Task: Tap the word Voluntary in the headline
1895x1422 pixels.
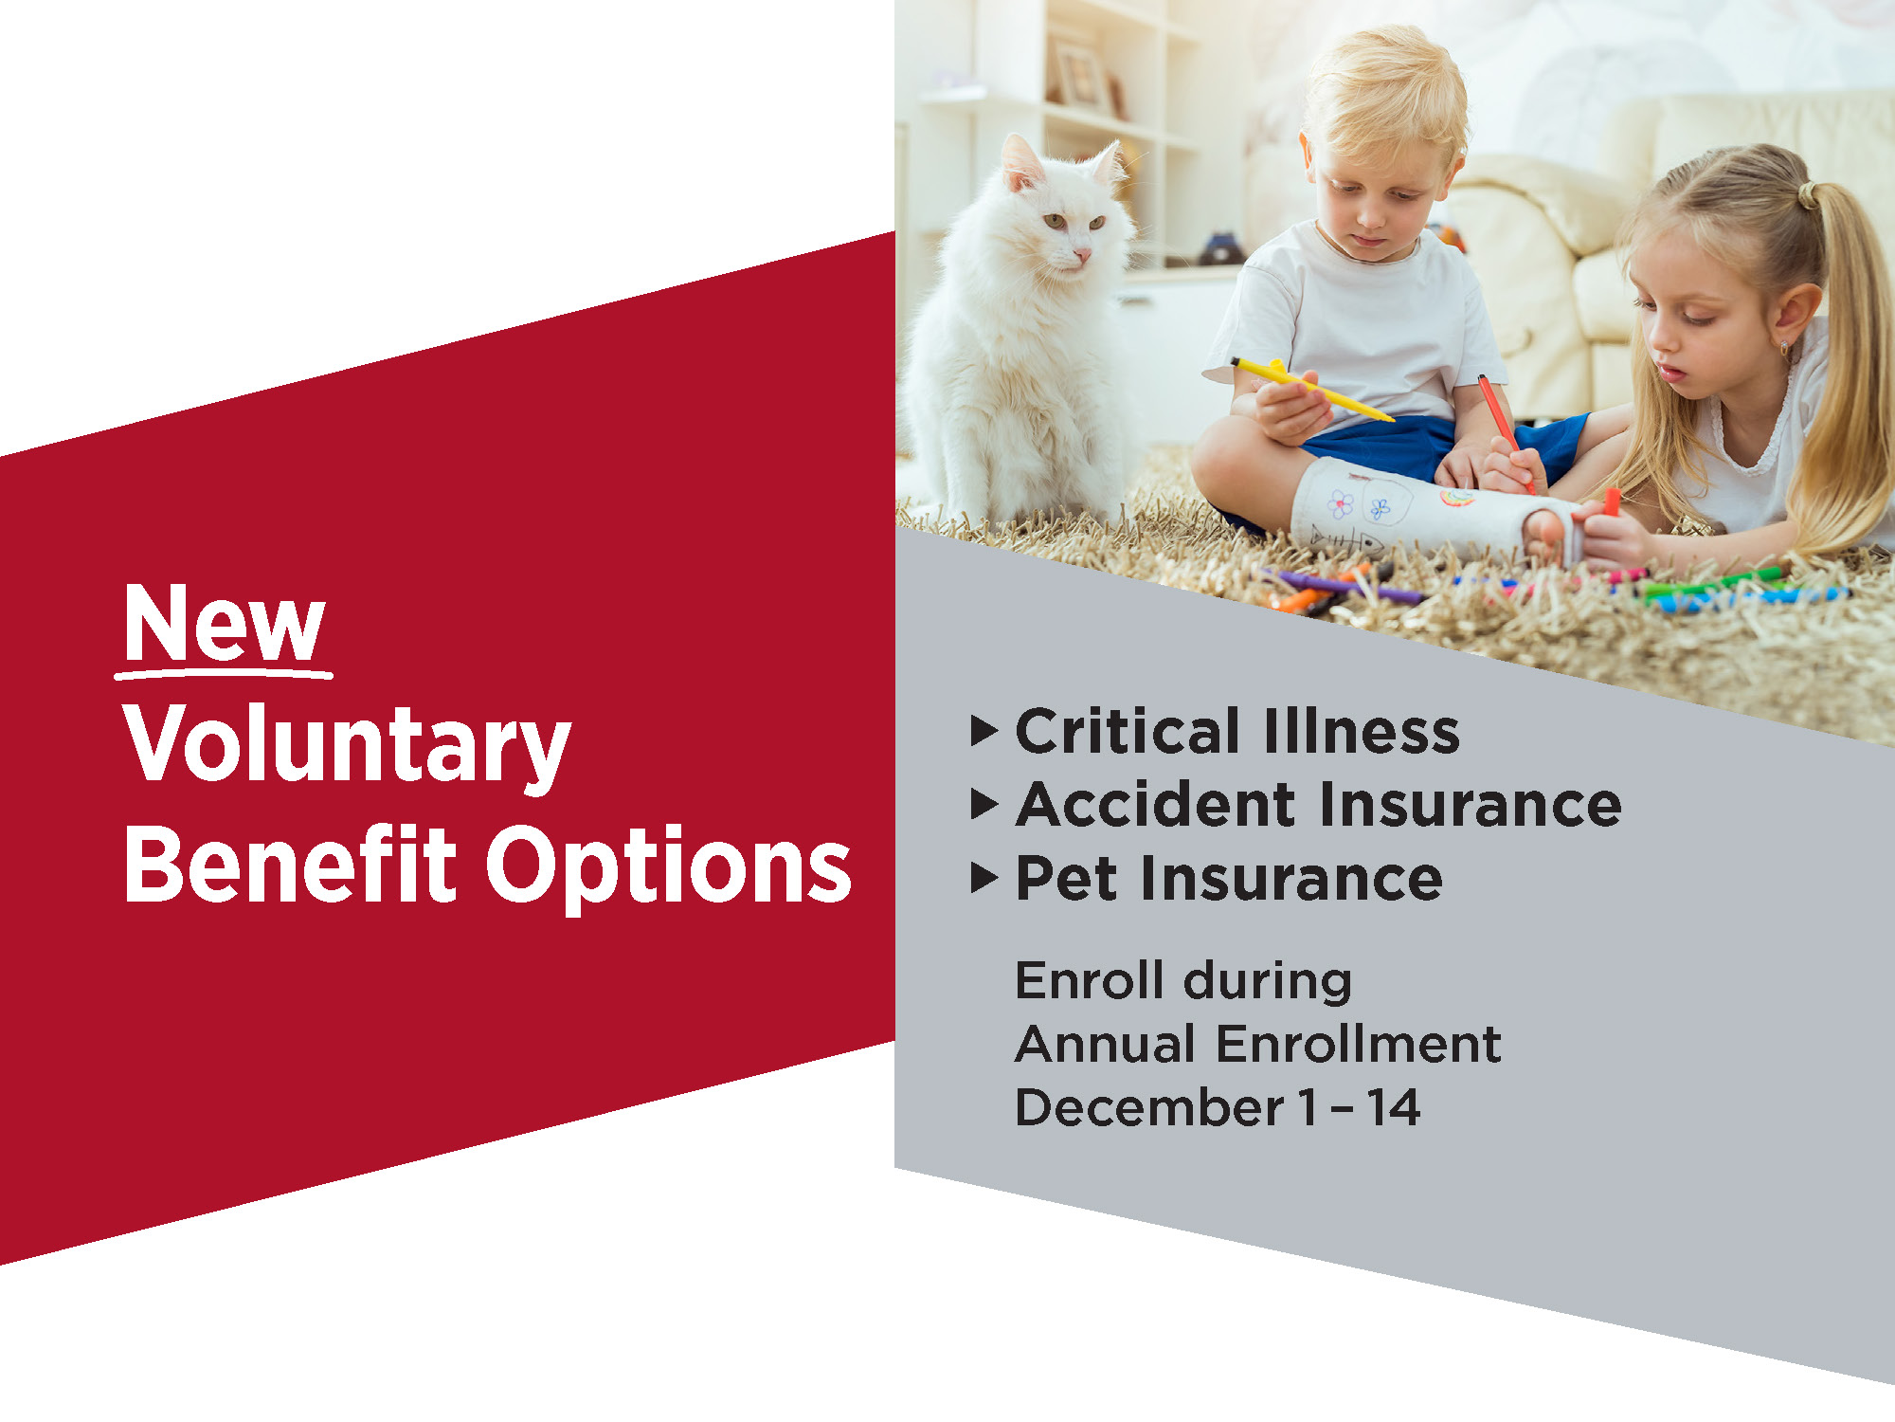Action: [347, 746]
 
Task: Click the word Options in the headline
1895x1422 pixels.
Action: [669, 868]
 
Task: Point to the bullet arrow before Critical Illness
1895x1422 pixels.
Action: [984, 731]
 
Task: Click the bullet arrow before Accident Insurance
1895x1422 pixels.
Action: [984, 805]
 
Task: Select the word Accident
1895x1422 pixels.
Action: [1155, 805]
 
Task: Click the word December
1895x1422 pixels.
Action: [1148, 1107]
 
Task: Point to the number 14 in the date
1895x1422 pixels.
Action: [1393, 1107]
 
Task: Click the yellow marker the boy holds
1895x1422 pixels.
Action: [1311, 389]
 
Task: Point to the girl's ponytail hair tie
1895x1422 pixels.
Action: [1808, 195]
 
